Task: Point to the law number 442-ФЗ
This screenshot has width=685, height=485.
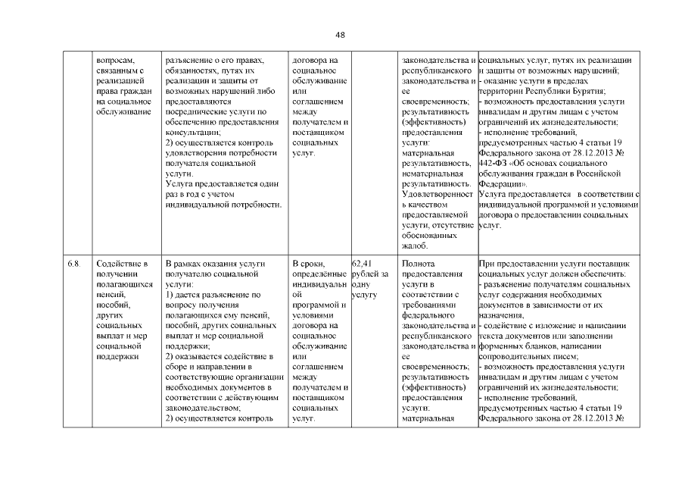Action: [496, 163]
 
